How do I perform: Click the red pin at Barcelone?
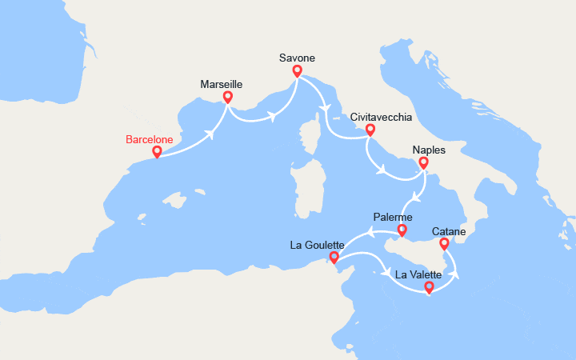coord(157,151)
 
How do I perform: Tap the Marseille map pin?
coord(227,98)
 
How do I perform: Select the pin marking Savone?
coord(297,70)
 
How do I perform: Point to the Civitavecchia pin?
coord(370,130)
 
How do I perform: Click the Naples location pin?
coord(423,163)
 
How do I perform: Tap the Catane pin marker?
coord(444,243)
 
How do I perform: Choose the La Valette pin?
coord(429,287)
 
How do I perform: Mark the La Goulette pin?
coord(334,258)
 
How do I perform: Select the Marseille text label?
coord(221,84)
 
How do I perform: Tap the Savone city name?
coord(297,58)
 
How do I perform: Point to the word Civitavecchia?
coord(382,117)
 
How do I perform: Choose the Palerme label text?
coord(393,218)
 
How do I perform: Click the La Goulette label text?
coord(318,245)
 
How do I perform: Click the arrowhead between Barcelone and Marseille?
coord(214,133)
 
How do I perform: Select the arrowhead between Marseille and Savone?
coord(273,117)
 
